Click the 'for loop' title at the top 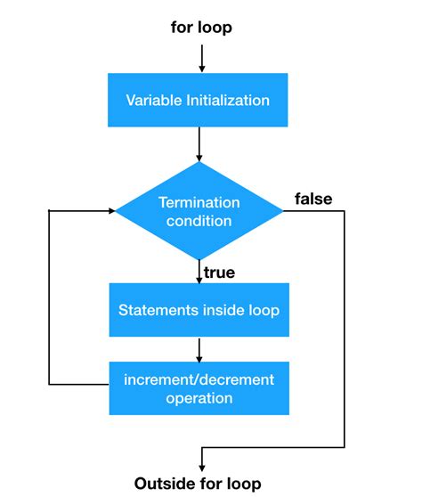click(x=201, y=28)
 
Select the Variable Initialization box click(x=198, y=100)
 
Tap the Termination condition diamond click(x=199, y=211)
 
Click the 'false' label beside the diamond click(x=312, y=200)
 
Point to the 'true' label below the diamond click(x=219, y=273)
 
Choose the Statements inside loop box click(x=199, y=310)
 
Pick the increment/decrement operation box click(x=199, y=388)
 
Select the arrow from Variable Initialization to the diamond click(x=199, y=145)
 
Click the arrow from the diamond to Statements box click(x=199, y=271)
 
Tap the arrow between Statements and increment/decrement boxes click(x=199, y=348)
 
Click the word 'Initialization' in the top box click(x=228, y=100)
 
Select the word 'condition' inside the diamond click(x=199, y=221)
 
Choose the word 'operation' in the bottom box click(x=199, y=398)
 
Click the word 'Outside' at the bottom click(x=163, y=484)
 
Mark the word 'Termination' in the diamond click(x=199, y=202)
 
